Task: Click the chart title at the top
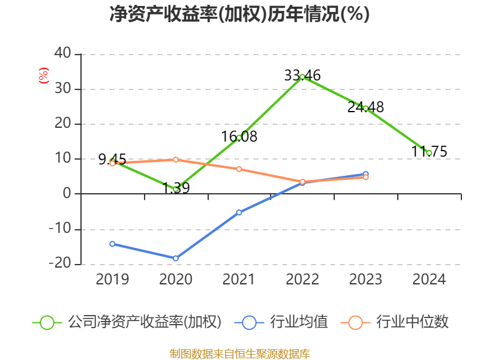coord(239,14)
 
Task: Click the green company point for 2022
coord(302,77)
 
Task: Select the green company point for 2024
coord(429,153)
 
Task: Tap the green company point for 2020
coord(176,189)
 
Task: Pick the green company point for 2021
coord(239,137)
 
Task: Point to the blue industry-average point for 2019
coord(112,244)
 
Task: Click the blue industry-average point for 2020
coord(176,258)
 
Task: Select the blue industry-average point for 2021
coord(239,212)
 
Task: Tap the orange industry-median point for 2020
coord(176,160)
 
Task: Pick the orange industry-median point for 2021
coord(239,169)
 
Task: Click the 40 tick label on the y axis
coord(62,54)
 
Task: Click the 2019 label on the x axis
coord(112,280)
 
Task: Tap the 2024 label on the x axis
coord(429,280)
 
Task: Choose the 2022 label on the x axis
coord(302,280)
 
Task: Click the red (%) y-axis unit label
coord(43,76)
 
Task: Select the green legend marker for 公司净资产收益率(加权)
coord(47,322)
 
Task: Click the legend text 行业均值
coord(299,322)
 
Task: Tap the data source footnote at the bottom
coord(239,353)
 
